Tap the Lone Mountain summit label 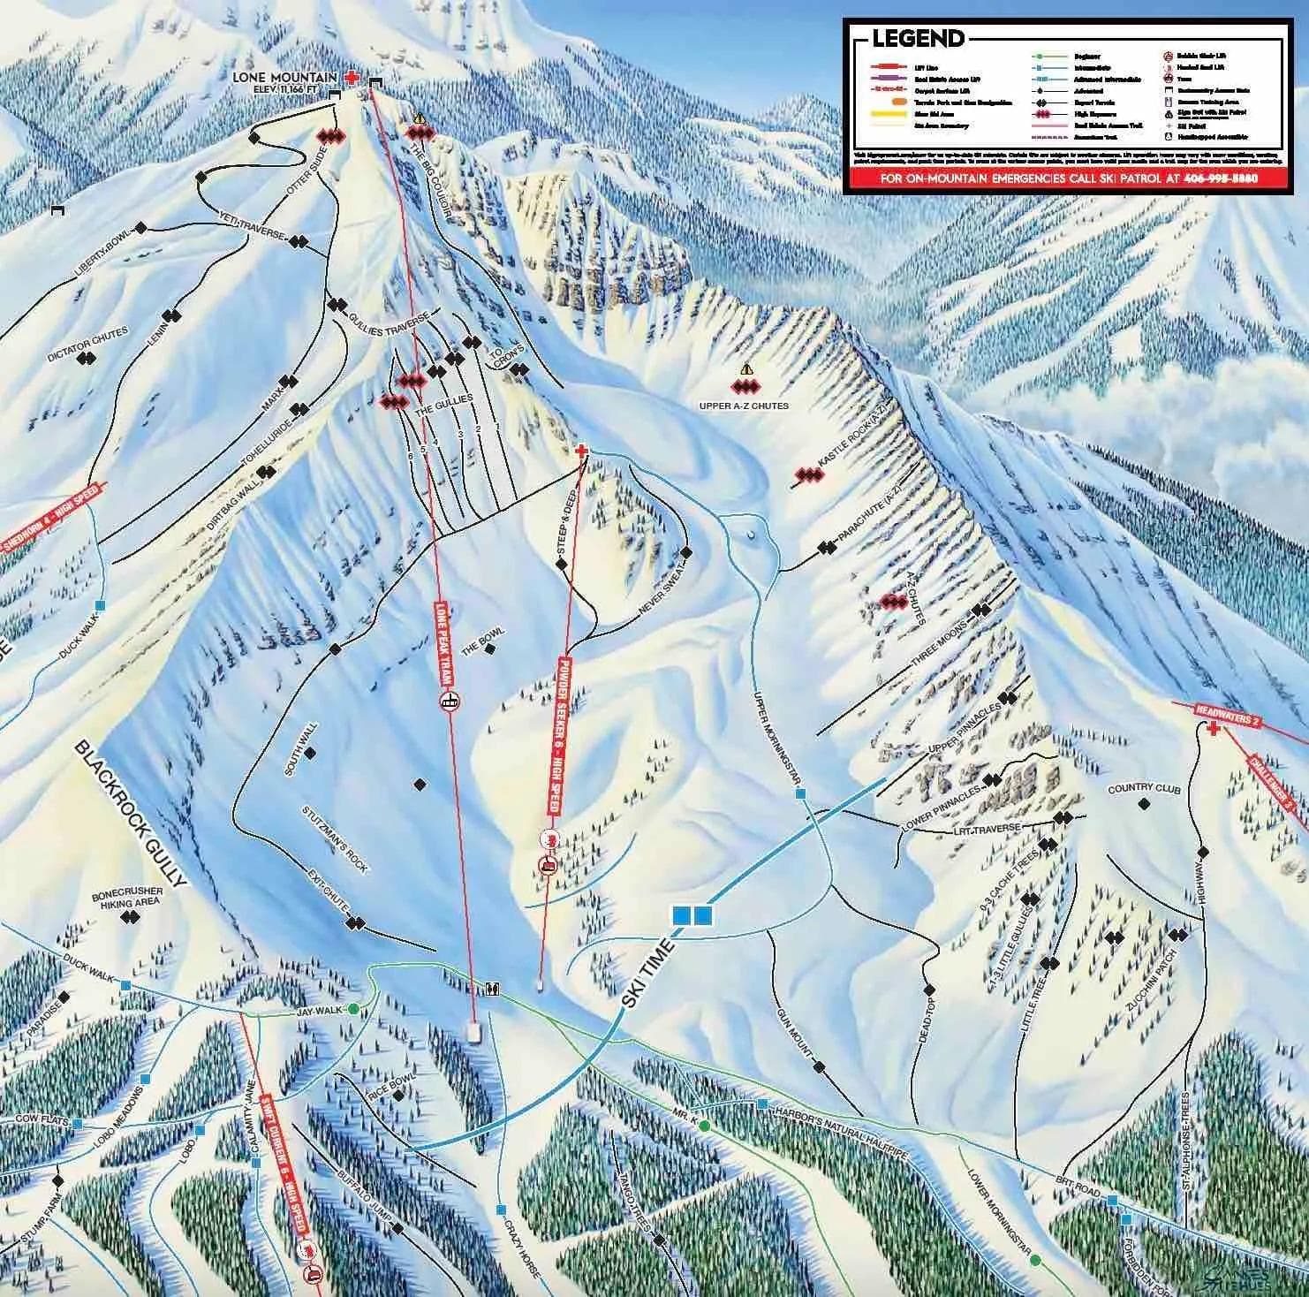pyautogui.click(x=284, y=78)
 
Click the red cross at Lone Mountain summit pyautogui.click(x=352, y=78)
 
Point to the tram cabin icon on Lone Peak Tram pyautogui.click(x=451, y=702)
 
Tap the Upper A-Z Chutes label pyautogui.click(x=744, y=406)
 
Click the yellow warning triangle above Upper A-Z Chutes pyautogui.click(x=746, y=369)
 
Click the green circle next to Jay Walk pyautogui.click(x=353, y=1009)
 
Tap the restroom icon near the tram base pyautogui.click(x=491, y=989)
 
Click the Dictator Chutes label pyautogui.click(x=88, y=338)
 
